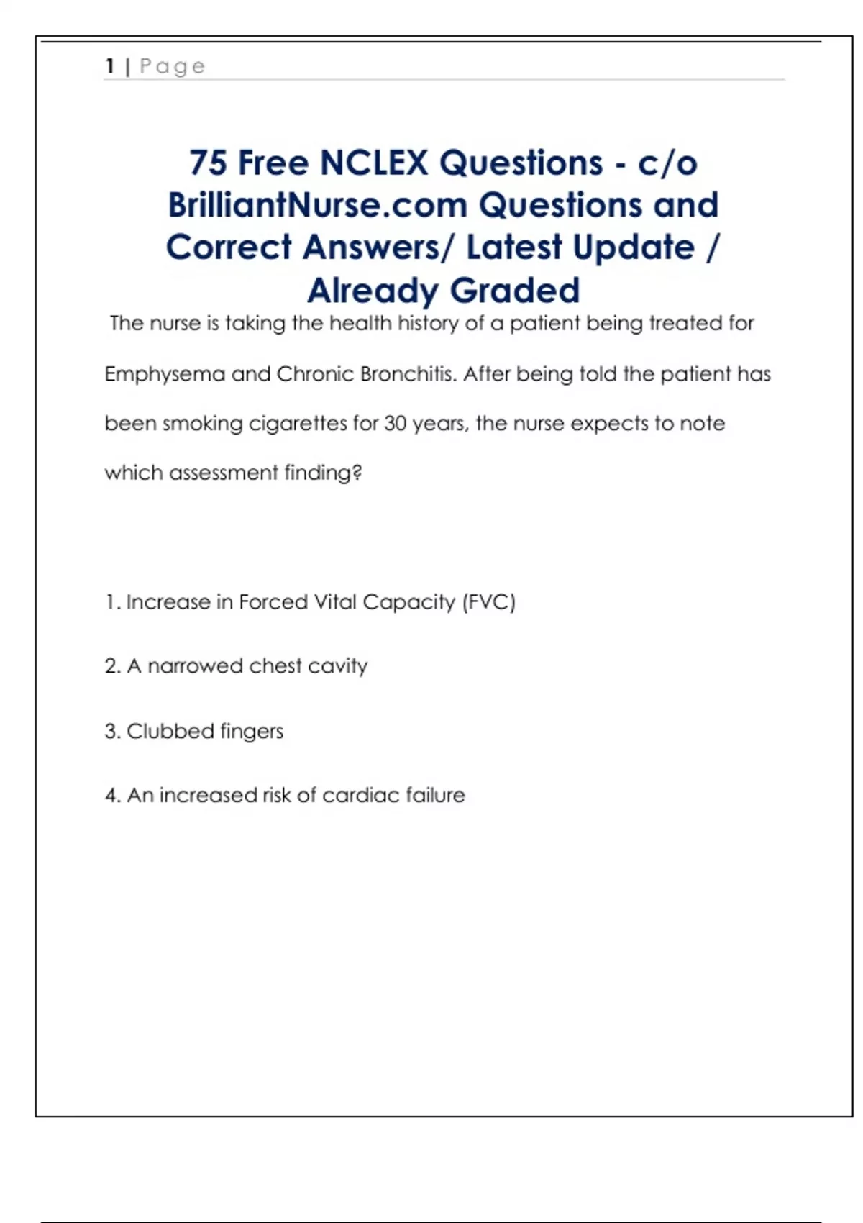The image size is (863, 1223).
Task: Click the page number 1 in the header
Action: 110,66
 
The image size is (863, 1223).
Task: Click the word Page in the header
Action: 173,67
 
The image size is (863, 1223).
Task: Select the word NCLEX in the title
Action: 374,163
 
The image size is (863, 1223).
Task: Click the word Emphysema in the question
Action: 165,375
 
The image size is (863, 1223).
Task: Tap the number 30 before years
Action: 395,423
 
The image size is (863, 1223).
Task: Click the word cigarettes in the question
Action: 297,424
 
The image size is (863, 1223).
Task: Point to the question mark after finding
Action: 357,473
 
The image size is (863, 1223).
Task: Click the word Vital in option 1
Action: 334,601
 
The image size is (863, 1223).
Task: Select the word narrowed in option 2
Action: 195,666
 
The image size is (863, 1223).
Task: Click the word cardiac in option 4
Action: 361,795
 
